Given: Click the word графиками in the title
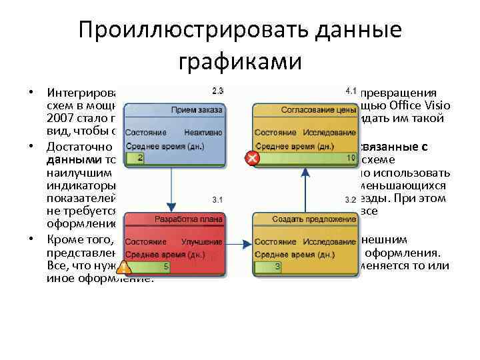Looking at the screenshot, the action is click(x=240, y=61).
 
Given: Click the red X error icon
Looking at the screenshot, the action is click(x=252, y=159).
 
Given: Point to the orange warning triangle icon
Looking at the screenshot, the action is click(x=124, y=268).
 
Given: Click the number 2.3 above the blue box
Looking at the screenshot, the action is click(x=217, y=89).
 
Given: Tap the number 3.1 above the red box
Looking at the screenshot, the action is click(x=217, y=199).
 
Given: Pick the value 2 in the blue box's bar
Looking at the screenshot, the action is click(x=140, y=158).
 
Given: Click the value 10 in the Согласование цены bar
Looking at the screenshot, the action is click(x=351, y=158).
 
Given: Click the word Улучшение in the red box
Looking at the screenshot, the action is click(x=204, y=241).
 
